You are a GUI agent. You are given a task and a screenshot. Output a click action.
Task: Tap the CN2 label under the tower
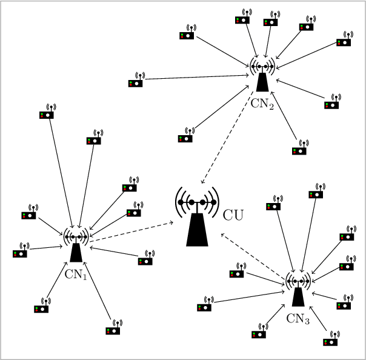pos(262,103)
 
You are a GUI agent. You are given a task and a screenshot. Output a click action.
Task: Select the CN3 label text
pos(298,318)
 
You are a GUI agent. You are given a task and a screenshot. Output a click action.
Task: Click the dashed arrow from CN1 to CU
pos(130,233)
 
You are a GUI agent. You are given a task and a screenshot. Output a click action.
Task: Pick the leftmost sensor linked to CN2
pos(136,82)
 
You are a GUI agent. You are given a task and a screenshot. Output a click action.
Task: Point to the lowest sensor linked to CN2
pos(299,149)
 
